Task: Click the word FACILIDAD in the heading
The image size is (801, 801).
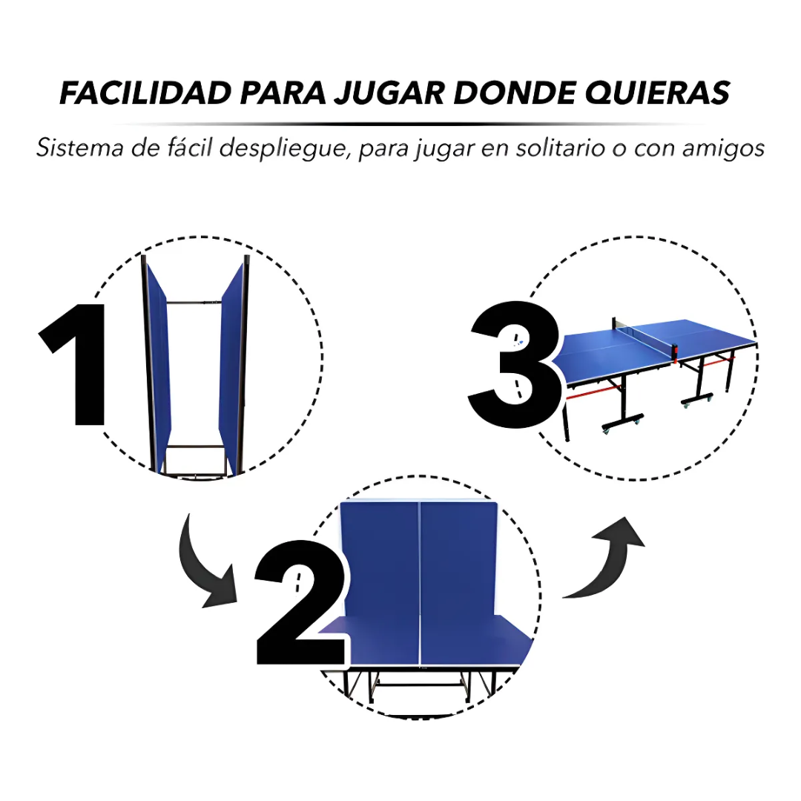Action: coord(146,93)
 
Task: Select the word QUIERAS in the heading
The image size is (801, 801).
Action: coord(657,93)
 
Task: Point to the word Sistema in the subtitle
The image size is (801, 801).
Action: coord(80,148)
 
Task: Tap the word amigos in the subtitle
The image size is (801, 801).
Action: coord(724,149)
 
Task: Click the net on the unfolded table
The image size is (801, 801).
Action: coord(644,335)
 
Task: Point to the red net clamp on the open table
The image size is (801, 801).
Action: coord(675,352)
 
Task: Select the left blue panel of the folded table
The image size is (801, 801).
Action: coord(159,368)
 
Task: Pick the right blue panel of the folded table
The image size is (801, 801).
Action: coord(231,369)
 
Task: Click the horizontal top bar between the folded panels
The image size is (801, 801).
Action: coord(194,303)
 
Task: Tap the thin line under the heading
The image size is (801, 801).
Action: coord(409,124)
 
